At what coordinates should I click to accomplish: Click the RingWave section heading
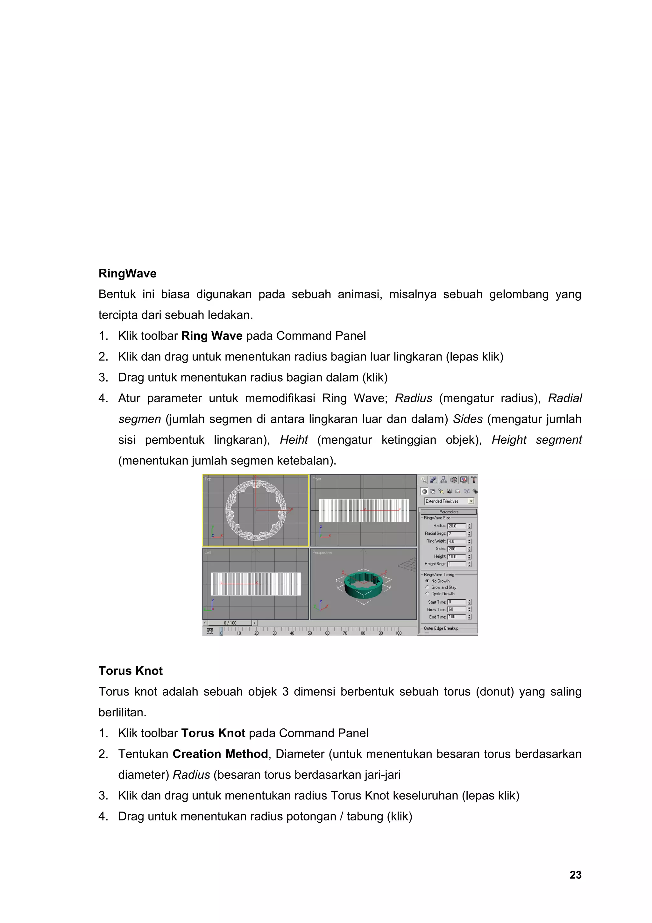point(127,273)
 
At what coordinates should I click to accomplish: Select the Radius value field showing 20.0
point(456,526)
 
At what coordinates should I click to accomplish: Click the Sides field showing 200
point(456,549)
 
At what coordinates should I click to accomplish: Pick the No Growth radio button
point(427,581)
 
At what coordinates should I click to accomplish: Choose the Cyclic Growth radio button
point(427,594)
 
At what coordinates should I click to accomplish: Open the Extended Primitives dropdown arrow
point(471,501)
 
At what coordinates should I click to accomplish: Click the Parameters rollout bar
point(449,512)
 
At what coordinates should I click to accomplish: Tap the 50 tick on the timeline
point(310,633)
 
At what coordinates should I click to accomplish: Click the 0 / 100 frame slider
point(230,623)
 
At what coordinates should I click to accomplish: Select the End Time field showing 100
point(456,617)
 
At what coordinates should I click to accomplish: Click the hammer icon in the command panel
point(474,480)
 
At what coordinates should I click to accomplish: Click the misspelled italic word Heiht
point(294,440)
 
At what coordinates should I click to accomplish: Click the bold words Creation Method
point(220,754)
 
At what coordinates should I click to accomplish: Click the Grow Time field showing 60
point(456,609)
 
